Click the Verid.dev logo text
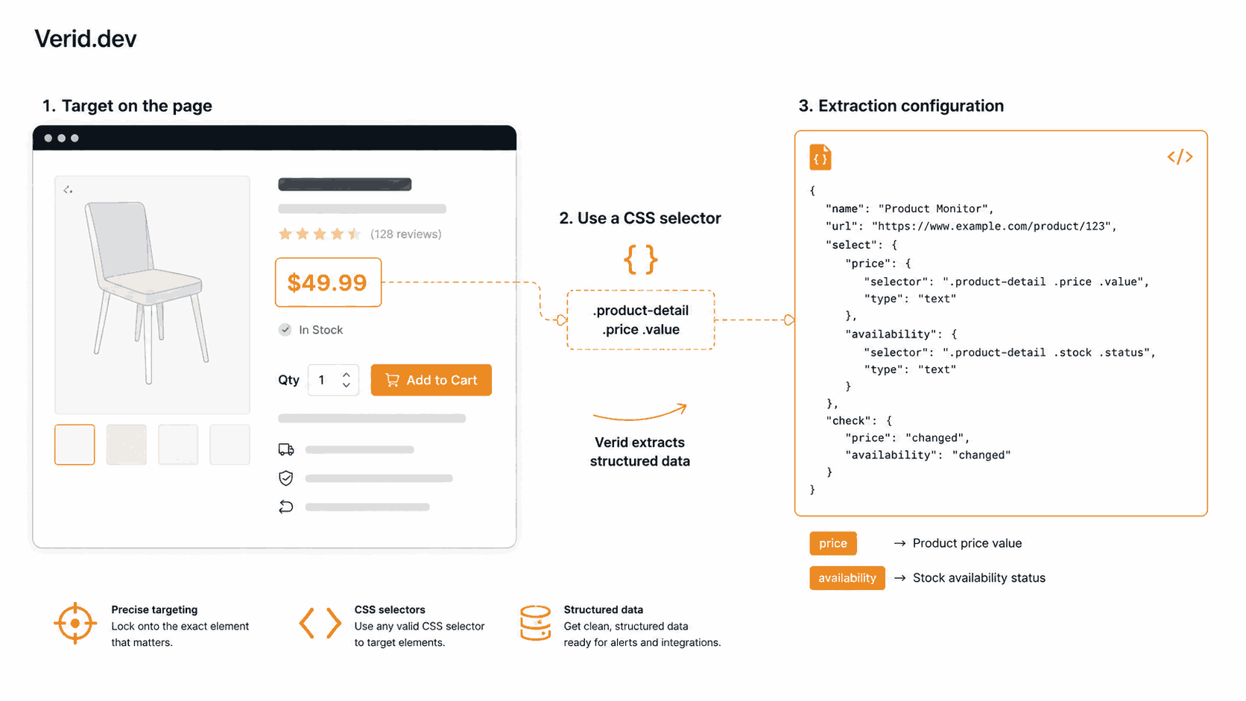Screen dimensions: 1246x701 [86, 39]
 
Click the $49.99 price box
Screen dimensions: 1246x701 [328, 282]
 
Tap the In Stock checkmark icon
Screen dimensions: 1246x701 [285, 330]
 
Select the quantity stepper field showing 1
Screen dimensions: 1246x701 [333, 380]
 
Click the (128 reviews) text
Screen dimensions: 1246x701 [406, 234]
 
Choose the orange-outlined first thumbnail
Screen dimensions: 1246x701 [75, 445]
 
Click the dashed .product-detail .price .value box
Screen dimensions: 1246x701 [641, 320]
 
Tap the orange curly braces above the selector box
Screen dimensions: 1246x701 [640, 259]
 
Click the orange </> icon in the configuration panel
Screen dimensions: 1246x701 [1180, 156]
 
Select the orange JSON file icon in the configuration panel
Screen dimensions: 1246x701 [820, 157]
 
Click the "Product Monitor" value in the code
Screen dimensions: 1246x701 [935, 209]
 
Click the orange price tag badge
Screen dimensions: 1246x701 [832, 543]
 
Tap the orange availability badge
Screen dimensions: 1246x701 [847, 578]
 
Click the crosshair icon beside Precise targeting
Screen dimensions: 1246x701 [75, 624]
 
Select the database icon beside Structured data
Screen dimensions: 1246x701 [535, 624]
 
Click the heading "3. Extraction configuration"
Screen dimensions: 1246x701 [901, 106]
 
